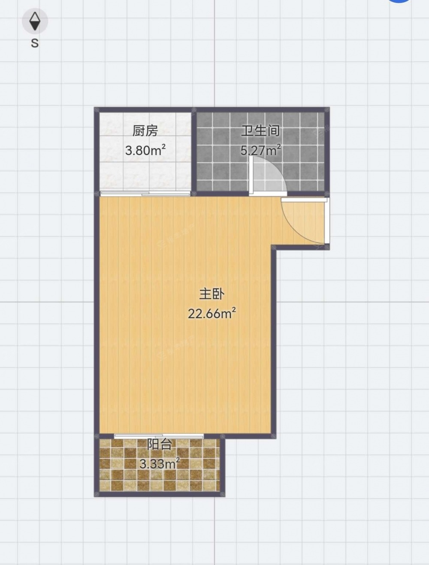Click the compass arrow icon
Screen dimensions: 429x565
click(x=35, y=21)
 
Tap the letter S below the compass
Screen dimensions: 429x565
click(x=35, y=43)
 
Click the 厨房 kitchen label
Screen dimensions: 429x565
click(x=145, y=131)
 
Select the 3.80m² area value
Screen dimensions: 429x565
click(x=145, y=150)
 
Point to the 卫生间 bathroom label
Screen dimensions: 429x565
click(x=260, y=131)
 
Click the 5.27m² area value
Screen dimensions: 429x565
click(x=261, y=150)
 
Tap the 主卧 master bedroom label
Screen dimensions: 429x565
click(x=211, y=294)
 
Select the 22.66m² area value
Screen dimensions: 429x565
click(x=211, y=313)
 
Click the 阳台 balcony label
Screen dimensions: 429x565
click(x=159, y=444)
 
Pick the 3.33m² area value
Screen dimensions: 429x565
click(x=160, y=463)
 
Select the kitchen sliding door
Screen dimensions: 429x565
click(x=145, y=194)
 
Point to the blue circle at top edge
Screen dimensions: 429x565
click(x=399, y=1)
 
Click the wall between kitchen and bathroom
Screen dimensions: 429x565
click(x=194, y=151)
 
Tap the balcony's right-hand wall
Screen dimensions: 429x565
click(x=222, y=465)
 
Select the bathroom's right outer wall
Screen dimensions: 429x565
click(x=326, y=151)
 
